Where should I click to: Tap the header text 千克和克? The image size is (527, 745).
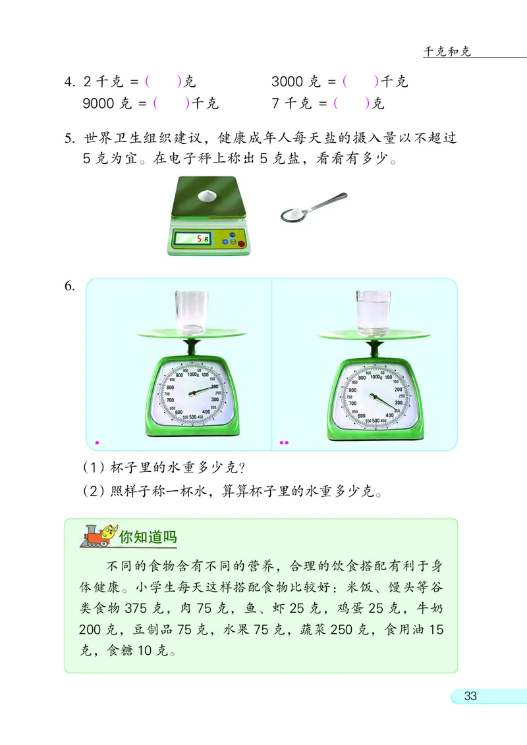point(447,52)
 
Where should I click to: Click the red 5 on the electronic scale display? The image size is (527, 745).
point(198,239)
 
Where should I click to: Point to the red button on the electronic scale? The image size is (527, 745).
point(240,245)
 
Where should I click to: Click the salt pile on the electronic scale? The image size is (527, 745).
point(206,195)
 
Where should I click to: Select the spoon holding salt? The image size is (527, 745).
point(310,209)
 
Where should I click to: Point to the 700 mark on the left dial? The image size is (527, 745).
point(170,401)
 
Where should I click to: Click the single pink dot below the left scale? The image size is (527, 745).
point(97,442)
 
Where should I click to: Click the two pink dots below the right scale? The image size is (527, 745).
point(284,442)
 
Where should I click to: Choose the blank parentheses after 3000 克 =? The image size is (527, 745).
point(360,82)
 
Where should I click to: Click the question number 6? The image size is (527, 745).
point(70,286)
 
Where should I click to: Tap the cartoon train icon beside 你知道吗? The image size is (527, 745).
point(98,536)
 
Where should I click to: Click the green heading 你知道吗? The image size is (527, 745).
point(149,536)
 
